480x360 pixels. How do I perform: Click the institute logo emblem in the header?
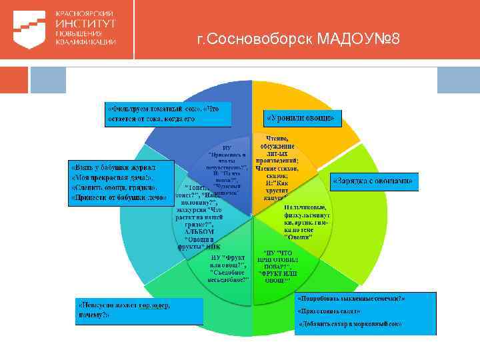click(x=27, y=27)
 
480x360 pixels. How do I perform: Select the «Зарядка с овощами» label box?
click(x=375, y=180)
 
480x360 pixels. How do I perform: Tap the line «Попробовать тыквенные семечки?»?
click(x=351, y=298)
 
